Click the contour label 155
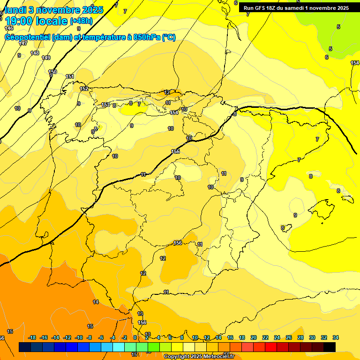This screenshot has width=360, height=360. (175, 151)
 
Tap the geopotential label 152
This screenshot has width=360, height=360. (84, 89)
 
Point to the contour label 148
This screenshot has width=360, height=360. (35, 53)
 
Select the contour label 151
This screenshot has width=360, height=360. (70, 76)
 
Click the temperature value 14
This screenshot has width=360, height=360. (96, 302)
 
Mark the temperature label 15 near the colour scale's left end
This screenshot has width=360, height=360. (90, 326)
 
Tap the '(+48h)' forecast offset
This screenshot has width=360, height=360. (81, 21)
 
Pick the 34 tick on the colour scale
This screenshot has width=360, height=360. (336, 337)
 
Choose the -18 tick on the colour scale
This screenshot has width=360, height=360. (32, 337)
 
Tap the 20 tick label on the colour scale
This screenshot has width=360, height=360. (254, 337)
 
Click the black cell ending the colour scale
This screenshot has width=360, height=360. (330, 347)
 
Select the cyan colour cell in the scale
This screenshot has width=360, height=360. (119, 347)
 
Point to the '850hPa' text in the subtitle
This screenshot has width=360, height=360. (146, 37)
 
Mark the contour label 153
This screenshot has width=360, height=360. (105, 105)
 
